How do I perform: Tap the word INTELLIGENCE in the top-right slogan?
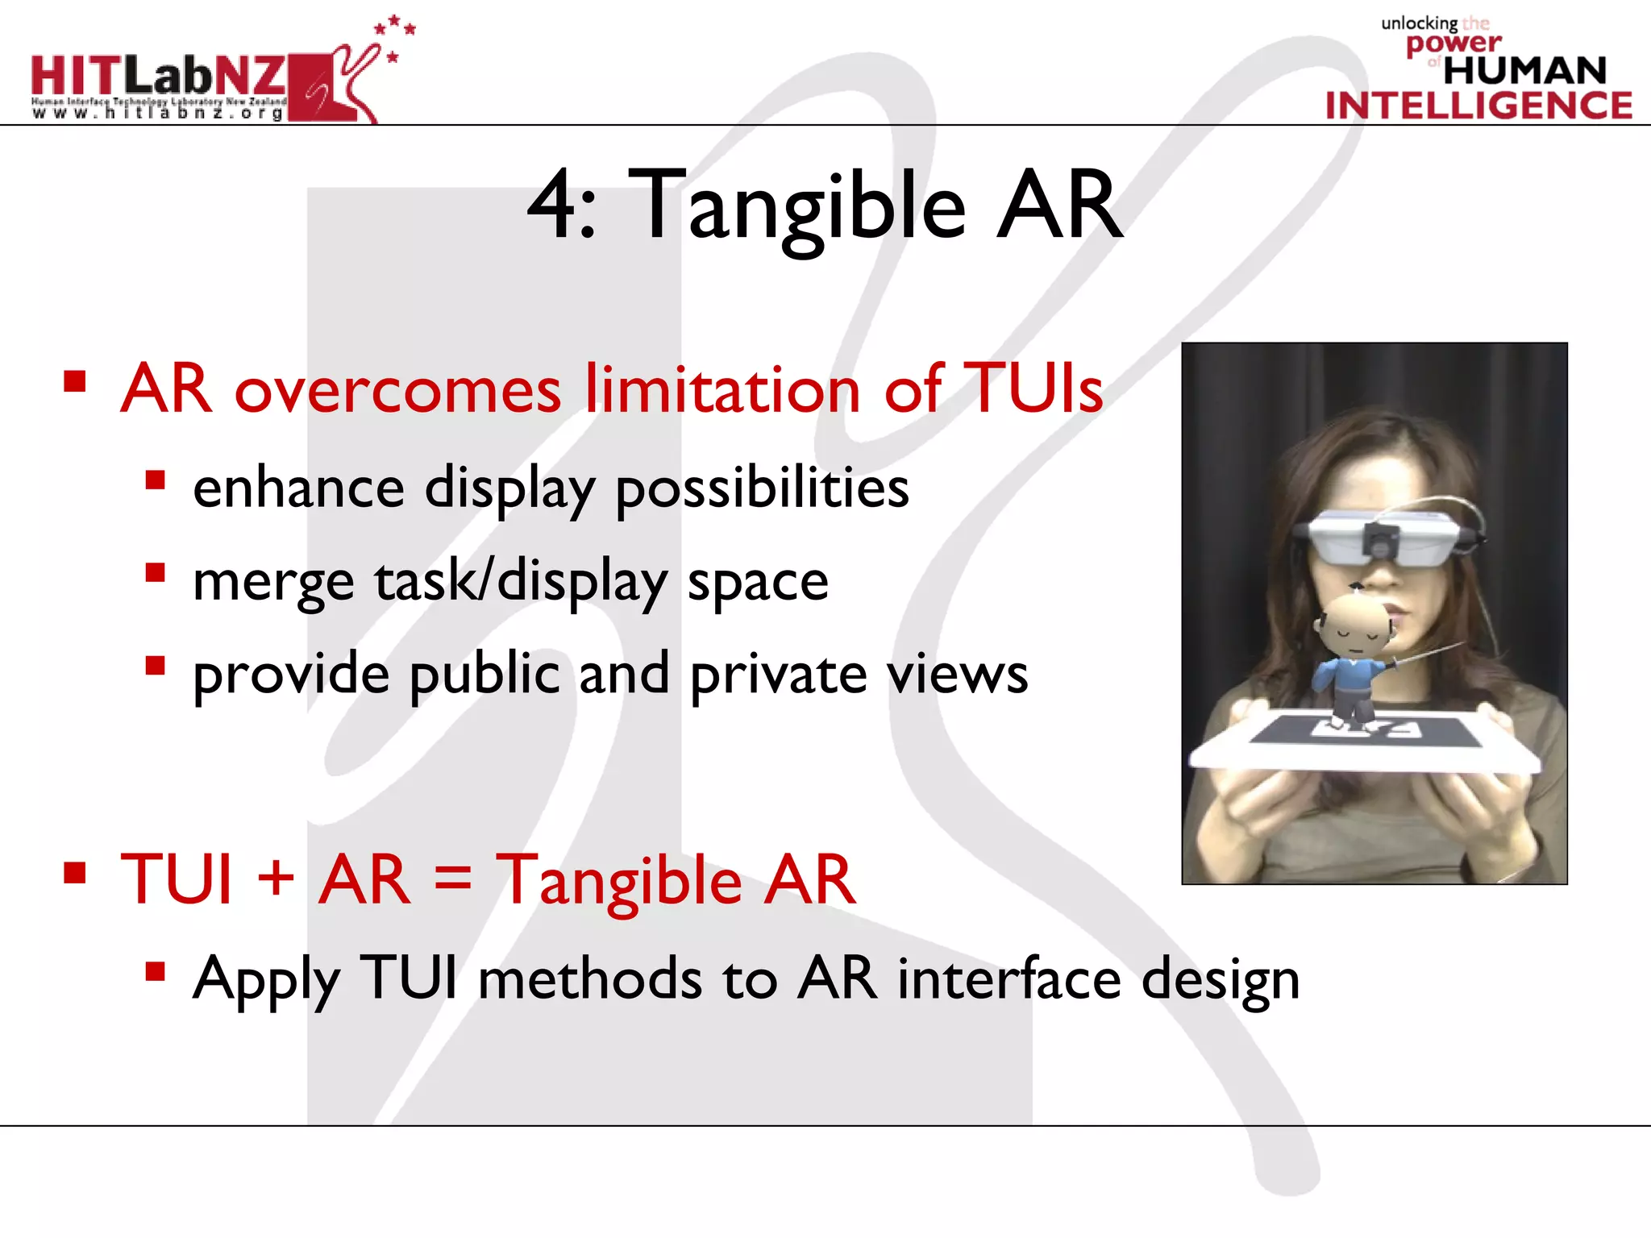(x=1478, y=106)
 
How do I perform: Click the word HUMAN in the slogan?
(x=1524, y=71)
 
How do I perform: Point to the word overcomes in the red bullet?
(x=397, y=391)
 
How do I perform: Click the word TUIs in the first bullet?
(x=1033, y=388)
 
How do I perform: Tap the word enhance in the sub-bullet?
(x=298, y=488)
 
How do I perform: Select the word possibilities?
(x=762, y=490)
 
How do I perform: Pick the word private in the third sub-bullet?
(x=778, y=675)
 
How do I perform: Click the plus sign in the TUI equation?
(x=276, y=879)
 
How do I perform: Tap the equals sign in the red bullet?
(x=452, y=879)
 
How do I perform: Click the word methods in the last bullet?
(x=589, y=979)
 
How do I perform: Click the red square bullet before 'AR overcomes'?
(x=75, y=380)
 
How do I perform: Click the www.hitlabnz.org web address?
(x=158, y=114)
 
